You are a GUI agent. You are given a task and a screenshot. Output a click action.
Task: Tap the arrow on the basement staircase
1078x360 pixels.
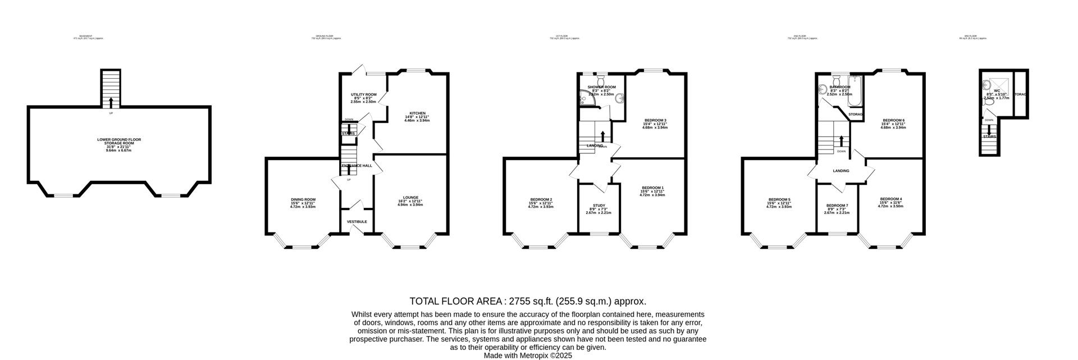pos(111,102)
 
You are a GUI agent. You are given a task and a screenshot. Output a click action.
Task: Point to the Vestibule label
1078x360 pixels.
pos(357,222)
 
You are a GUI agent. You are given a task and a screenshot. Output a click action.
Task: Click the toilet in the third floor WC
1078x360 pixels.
pos(989,102)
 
